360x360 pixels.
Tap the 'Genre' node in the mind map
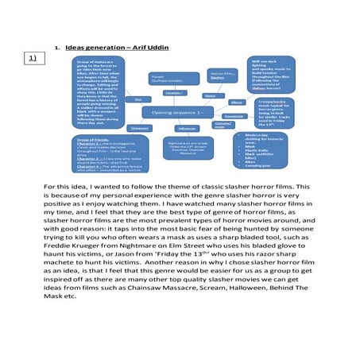pyautogui.click(x=210, y=95)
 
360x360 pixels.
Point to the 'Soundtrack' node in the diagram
pyautogui.click(x=234, y=116)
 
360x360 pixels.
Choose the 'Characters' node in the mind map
pyautogui.click(x=138, y=127)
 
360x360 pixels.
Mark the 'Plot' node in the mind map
pyautogui.click(x=138, y=99)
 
